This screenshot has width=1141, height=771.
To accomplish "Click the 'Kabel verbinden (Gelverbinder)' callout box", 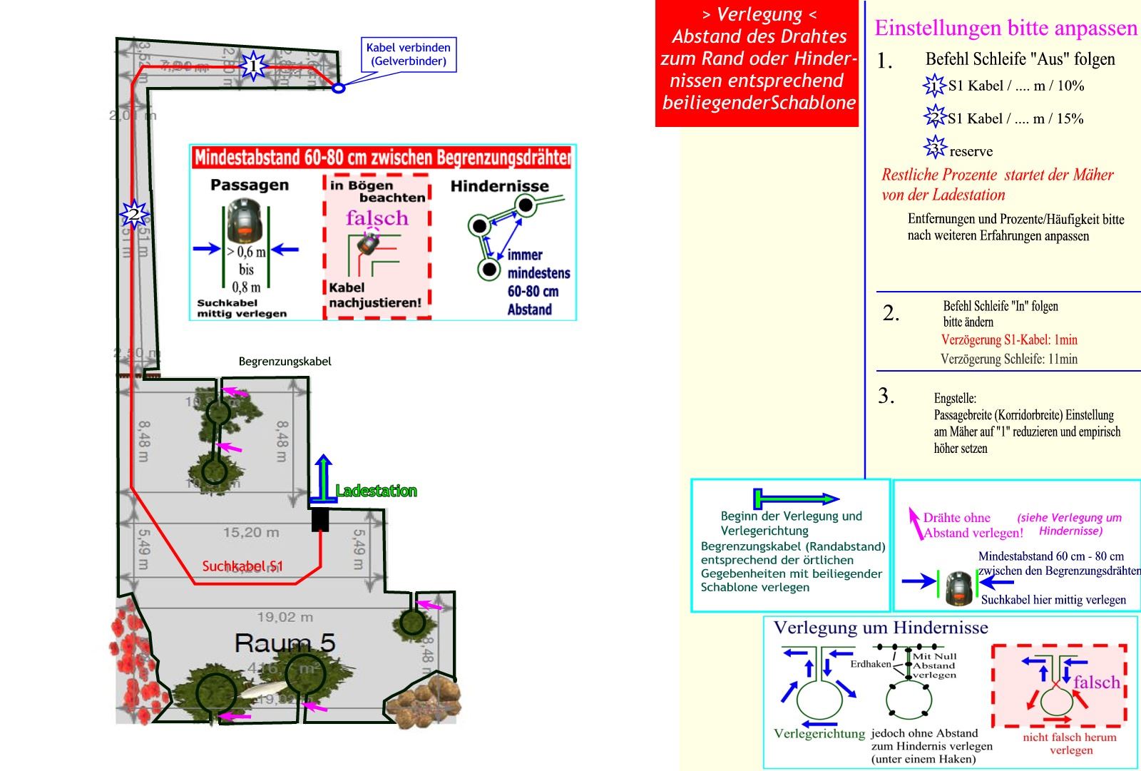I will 409,55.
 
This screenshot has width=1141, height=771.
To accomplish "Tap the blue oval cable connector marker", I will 339,88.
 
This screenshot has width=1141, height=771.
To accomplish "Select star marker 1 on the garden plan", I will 252,66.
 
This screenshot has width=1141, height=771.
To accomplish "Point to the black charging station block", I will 320,519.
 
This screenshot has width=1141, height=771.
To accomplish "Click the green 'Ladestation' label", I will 376,491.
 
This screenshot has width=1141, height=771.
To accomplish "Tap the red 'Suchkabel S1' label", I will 242,566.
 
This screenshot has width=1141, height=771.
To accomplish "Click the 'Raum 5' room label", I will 285,643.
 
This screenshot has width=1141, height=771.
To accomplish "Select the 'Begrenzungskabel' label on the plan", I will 285,362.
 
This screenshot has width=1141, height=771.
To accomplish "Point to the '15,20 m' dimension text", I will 251,532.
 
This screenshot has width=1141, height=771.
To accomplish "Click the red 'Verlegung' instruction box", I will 757,63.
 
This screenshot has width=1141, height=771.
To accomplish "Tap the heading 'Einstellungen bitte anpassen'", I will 1006,29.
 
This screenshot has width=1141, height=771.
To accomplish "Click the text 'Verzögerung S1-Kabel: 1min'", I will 1009,339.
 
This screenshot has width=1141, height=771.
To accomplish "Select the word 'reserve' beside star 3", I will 971,152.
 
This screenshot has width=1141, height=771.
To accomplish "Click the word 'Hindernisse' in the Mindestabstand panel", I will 499,186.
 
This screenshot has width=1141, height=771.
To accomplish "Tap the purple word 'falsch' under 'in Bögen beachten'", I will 377,218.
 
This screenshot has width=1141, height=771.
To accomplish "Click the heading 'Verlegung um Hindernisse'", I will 881,628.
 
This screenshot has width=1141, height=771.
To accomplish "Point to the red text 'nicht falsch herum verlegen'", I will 1070,743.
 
